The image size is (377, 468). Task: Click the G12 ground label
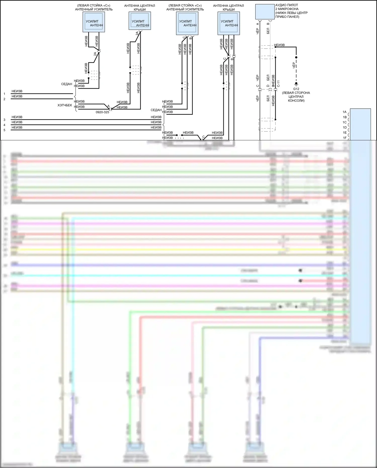296,89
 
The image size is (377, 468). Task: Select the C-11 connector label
278,84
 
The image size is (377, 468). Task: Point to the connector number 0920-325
102,112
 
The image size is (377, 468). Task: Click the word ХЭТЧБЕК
65,105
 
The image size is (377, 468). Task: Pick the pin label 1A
345,112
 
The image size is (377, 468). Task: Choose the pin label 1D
345,127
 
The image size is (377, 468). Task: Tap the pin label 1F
345,138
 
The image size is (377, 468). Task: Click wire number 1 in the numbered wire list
4,94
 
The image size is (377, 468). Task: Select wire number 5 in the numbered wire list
4,130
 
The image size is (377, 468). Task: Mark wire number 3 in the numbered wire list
4,120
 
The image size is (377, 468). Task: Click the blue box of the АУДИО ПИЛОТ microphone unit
265,12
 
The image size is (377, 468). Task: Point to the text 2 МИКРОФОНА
287,9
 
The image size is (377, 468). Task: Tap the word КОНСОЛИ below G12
296,101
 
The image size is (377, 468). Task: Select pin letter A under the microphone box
258,24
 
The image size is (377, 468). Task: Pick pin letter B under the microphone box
268,24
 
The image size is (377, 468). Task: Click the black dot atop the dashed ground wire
296,57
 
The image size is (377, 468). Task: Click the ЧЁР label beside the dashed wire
294,66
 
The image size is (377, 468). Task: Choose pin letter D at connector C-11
268,86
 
